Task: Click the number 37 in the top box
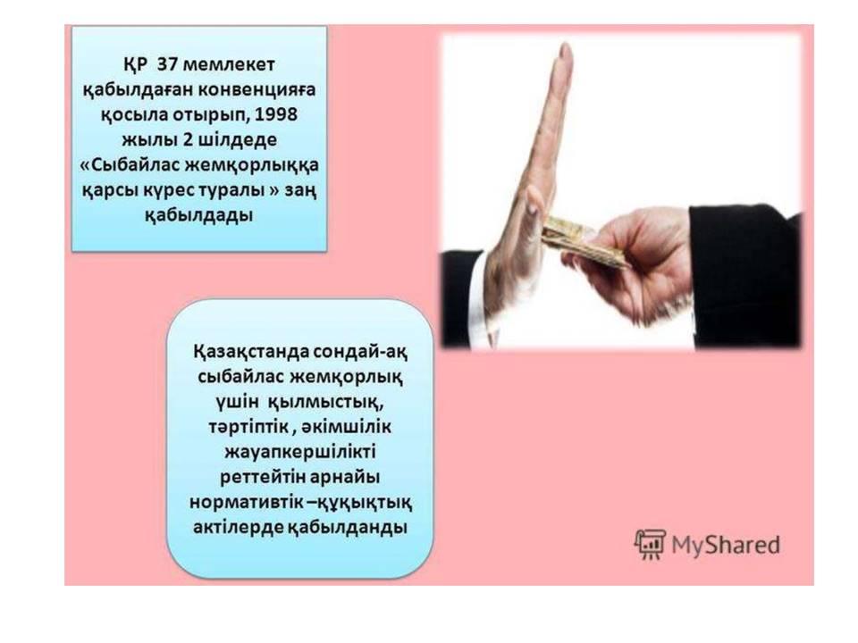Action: tap(166, 64)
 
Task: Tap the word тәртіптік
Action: tap(249, 427)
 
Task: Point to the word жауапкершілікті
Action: tap(300, 453)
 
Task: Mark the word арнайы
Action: tap(345, 477)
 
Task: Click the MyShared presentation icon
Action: tap(650, 545)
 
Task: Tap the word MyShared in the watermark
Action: tap(726, 545)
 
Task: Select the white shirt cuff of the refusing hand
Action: tap(476, 288)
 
